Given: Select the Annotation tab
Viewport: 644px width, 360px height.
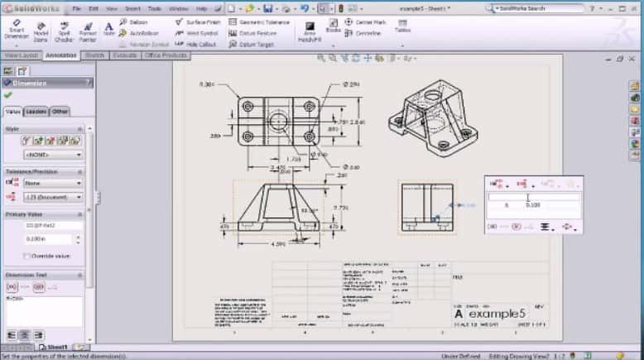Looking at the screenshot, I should [61, 55].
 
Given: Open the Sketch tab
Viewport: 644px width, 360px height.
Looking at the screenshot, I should [94, 55].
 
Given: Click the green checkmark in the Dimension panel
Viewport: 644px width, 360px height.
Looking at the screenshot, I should [8, 95].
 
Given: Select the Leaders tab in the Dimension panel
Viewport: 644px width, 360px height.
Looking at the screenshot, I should [36, 111].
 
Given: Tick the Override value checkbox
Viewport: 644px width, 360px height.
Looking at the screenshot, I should [27, 257].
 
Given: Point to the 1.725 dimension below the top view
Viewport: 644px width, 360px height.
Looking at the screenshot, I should [292, 158].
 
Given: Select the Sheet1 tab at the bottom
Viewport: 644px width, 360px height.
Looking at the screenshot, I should [56, 348].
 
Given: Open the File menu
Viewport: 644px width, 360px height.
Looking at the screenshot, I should [76, 8].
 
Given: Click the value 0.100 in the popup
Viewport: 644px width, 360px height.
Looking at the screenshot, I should [535, 205].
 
